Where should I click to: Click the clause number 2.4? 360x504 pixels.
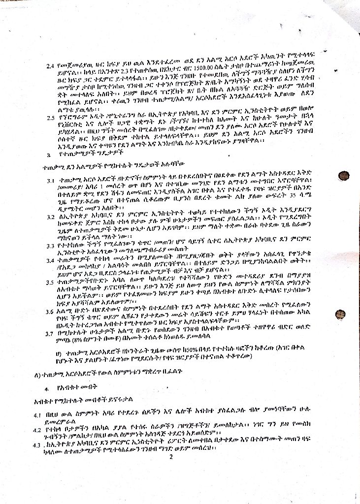(50, 65)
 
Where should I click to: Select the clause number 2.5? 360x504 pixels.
(50, 118)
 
